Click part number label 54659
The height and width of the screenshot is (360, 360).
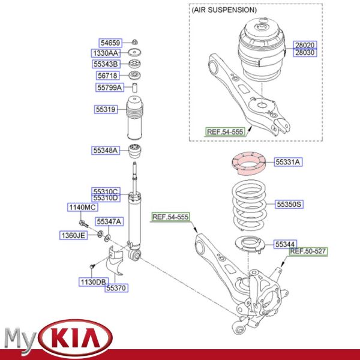[110, 43]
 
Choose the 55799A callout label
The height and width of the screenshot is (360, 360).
[110, 88]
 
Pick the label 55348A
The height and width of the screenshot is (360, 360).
[106, 150]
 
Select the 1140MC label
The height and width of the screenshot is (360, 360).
[82, 207]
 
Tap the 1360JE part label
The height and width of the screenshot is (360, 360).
[73, 235]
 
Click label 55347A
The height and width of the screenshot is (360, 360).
[109, 221]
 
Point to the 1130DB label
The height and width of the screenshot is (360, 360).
[93, 281]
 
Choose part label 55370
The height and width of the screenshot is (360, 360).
[117, 289]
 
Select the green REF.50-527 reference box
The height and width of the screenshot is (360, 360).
[309, 251]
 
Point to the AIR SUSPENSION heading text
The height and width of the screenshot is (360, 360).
[224, 10]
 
